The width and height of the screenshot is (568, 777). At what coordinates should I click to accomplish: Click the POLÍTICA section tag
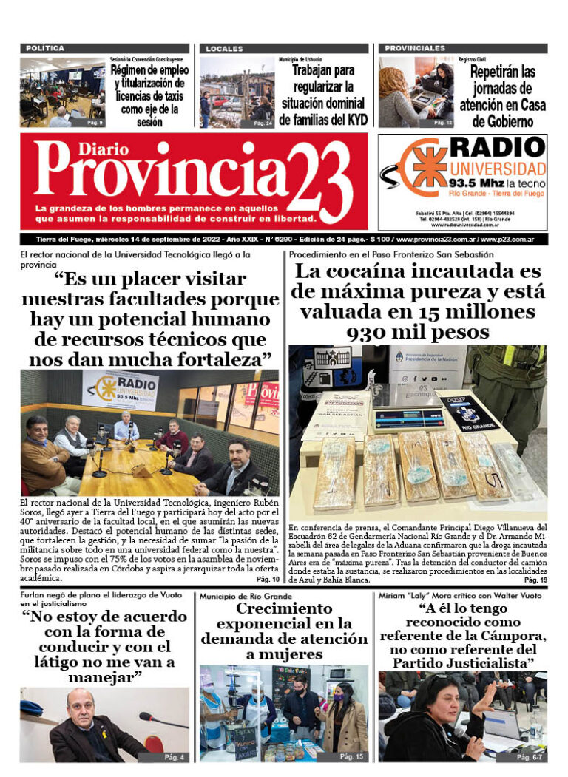pos(45,48)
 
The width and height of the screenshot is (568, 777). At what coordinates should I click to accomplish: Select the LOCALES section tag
pos(224,48)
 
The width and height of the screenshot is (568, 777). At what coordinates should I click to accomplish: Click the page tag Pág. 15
pos(352,756)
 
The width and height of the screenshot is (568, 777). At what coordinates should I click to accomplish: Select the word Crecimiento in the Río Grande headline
pos(284,608)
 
